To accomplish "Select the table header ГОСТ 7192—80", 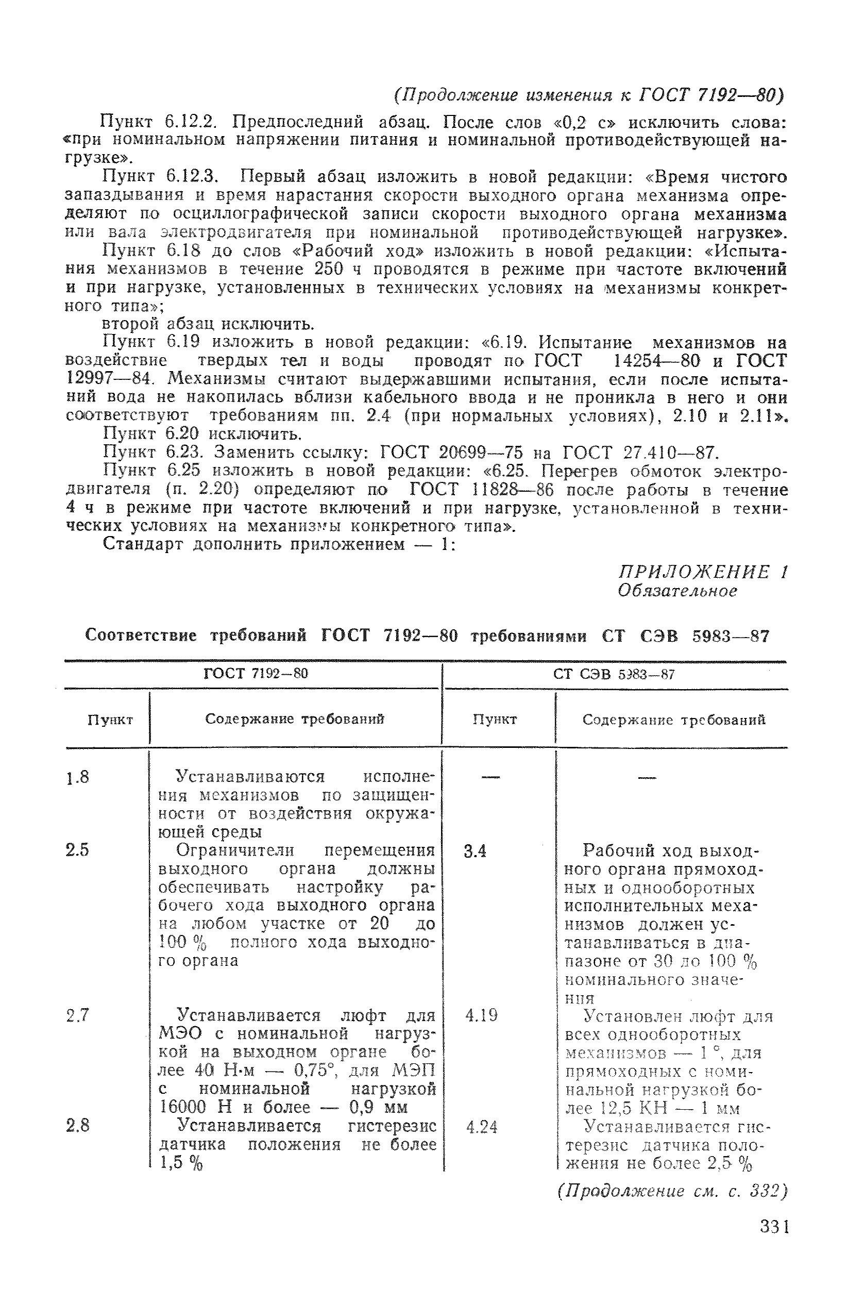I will click(256, 674).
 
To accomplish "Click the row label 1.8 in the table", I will click(78, 778).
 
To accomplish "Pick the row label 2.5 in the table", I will click(77, 850).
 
